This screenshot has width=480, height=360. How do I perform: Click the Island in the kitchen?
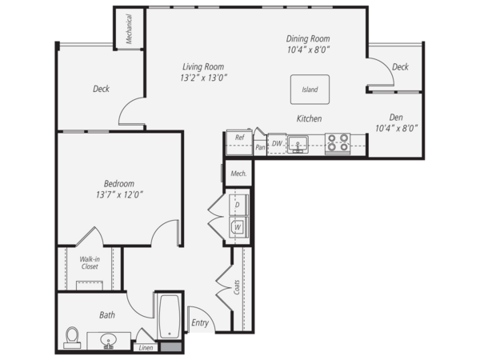click(x=310, y=90)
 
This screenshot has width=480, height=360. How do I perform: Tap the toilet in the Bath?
click(x=72, y=338)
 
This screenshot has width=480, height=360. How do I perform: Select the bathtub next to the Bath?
click(x=170, y=316)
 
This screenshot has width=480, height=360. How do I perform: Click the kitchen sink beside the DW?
click(x=298, y=145)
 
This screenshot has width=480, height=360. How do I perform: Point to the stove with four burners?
click(x=338, y=143)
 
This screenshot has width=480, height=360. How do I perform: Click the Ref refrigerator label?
click(x=240, y=138)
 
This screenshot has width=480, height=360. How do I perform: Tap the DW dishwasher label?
click(x=277, y=143)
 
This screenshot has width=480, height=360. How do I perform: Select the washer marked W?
click(x=238, y=227)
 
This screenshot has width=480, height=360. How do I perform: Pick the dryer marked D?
click(x=238, y=205)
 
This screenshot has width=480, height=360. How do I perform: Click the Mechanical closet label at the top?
click(x=129, y=29)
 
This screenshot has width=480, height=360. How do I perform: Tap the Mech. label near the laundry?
click(x=238, y=174)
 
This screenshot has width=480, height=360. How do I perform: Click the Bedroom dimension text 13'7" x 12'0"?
click(x=119, y=194)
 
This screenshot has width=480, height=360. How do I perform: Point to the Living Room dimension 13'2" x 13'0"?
click(x=203, y=78)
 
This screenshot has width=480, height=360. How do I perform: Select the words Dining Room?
click(x=308, y=38)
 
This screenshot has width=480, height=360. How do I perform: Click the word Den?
click(x=396, y=118)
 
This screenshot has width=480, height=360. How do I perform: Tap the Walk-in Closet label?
click(x=90, y=262)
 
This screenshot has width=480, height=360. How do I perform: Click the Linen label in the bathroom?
click(x=146, y=348)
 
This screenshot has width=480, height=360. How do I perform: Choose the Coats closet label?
click(x=237, y=287)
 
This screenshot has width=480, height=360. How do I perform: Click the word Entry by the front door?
click(x=200, y=322)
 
